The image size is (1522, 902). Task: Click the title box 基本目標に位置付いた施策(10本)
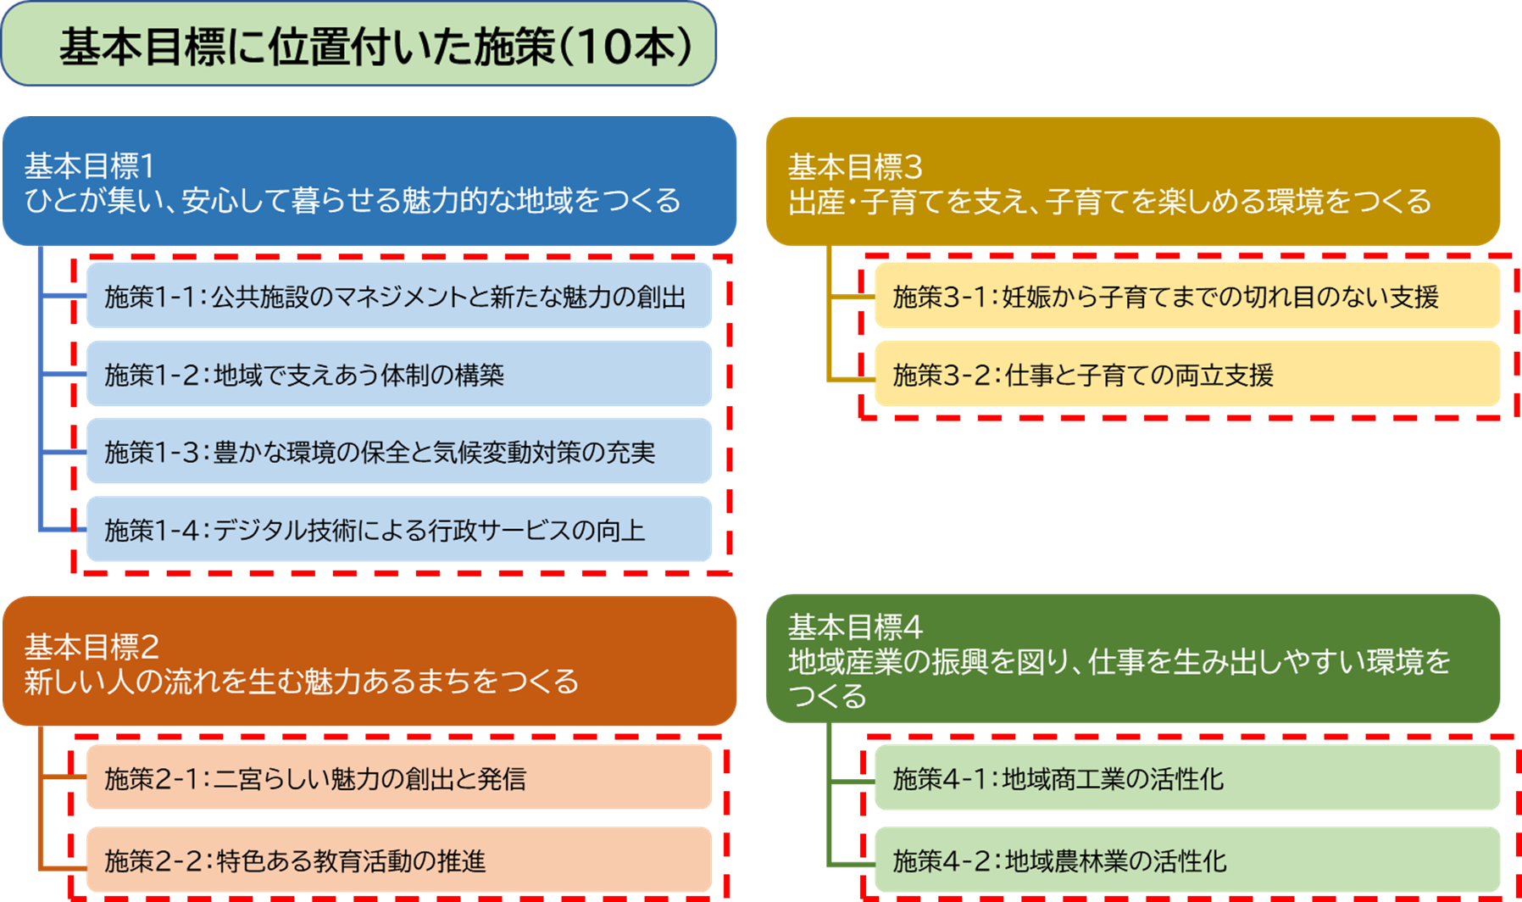pos(358,44)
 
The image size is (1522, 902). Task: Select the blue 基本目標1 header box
pos(369,181)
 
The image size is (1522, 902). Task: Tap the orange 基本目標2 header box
pos(369,661)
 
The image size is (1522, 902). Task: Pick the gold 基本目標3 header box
pos(1132,181)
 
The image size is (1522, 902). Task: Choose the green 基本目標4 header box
pos(1132,659)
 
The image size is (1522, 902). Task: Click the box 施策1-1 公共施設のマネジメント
pos(398,296)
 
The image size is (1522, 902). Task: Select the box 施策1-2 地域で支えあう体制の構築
pos(398,374)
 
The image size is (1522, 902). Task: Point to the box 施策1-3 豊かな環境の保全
pos(398,452)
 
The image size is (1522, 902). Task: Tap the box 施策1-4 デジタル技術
pos(398,530)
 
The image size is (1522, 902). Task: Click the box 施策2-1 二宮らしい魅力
pos(398,777)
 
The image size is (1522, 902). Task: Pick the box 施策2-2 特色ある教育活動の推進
pos(398,860)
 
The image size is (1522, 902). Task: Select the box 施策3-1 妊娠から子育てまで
pos(1186,296)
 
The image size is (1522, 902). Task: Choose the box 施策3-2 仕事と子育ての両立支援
pos(1186,374)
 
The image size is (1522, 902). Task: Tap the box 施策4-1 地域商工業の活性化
pos(1186,777)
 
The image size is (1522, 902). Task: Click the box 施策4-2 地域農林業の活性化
pos(1186,860)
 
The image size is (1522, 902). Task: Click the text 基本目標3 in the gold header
pos(854,166)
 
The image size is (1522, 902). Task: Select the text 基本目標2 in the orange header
pos(92,646)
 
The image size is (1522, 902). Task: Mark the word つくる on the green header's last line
pos(827,696)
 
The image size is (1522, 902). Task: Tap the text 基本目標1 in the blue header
pos(90,165)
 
